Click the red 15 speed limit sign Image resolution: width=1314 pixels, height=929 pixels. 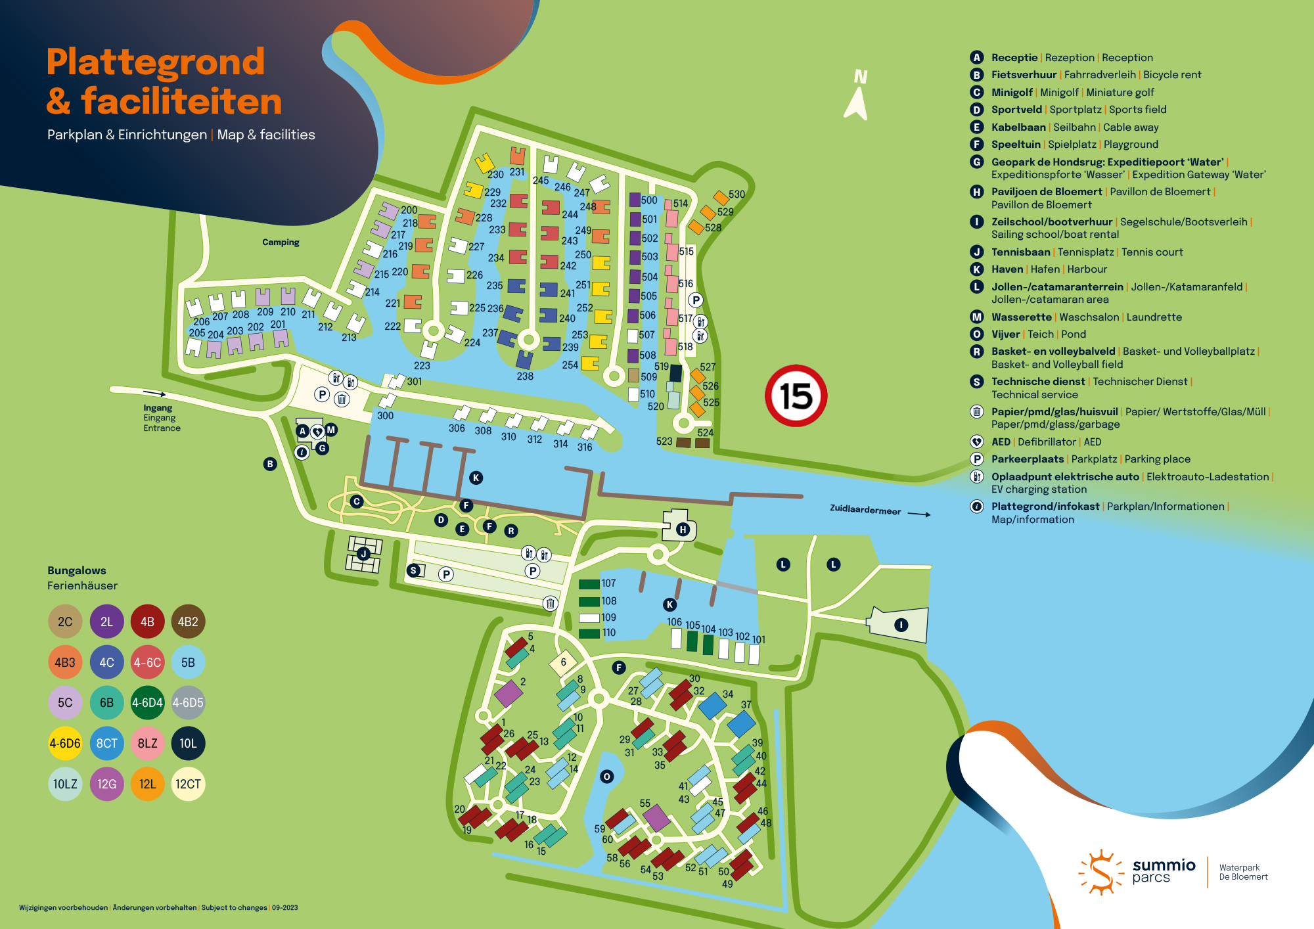pos(796,396)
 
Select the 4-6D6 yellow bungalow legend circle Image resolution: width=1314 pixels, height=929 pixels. pos(65,743)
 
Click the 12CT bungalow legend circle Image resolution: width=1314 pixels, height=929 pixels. pos(188,784)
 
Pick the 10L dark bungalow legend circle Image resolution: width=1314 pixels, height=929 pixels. pos(188,743)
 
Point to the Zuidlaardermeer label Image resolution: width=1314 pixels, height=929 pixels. pos(865,510)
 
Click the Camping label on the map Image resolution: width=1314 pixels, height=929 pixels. pos(281,242)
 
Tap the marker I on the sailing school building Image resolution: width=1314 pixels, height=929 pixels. pos(901,625)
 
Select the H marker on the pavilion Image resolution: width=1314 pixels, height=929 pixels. pos(683,530)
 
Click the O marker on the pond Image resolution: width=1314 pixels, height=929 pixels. pos(606,777)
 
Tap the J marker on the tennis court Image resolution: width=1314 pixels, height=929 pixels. pos(363,554)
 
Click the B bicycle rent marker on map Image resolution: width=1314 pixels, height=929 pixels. pos(270,464)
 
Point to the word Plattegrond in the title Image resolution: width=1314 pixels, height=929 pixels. pos(156,62)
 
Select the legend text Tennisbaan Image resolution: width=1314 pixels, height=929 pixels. pos(1020,252)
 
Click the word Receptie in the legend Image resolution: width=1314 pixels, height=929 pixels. pos(1014,58)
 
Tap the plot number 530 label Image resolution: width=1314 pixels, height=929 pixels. pos(736,194)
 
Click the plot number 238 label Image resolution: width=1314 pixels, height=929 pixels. pos(524,376)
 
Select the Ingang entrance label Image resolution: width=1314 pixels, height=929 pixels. pos(158,408)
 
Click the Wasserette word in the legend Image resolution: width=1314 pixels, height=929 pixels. pos(1021,317)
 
